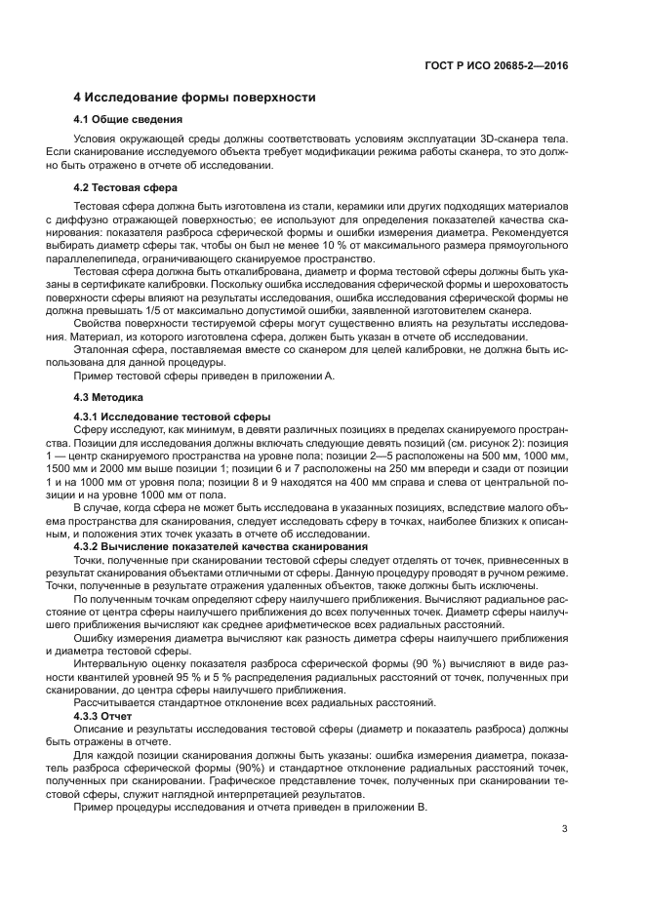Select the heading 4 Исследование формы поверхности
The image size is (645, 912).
coord(194,98)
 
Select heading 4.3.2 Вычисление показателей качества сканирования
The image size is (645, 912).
coord(221,546)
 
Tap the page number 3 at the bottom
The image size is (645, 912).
coord(565,829)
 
